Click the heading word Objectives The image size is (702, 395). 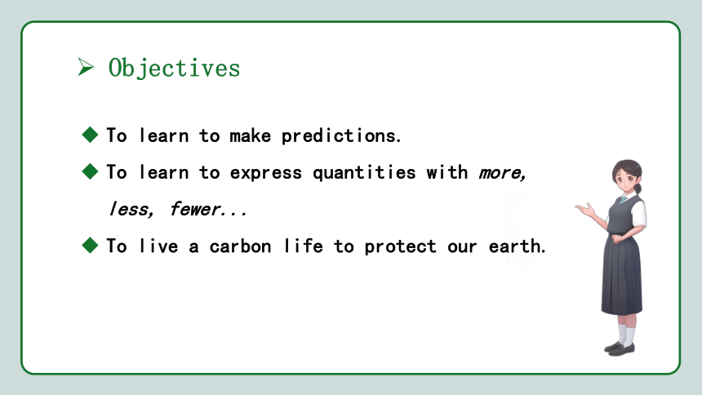coord(174,69)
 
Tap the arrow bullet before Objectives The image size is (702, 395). coord(86,67)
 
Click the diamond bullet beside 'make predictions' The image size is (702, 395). coord(90,135)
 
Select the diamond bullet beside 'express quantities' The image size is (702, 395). coord(90,171)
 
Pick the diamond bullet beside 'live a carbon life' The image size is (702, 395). coord(90,245)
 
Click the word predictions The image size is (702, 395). coord(340,135)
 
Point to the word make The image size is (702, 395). coord(251,135)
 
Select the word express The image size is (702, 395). coord(266,173)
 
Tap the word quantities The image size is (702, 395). coord(364,173)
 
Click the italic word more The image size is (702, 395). coord(501,173)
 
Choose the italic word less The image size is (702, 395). coord(131,209)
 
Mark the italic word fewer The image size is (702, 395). coord(195,209)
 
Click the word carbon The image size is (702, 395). coord(241,246)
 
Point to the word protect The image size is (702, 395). coord(400,246)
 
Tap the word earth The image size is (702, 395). coord(515,246)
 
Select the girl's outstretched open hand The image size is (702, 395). coord(584,209)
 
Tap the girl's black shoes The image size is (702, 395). coord(620,348)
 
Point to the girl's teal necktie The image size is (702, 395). coord(623,200)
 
